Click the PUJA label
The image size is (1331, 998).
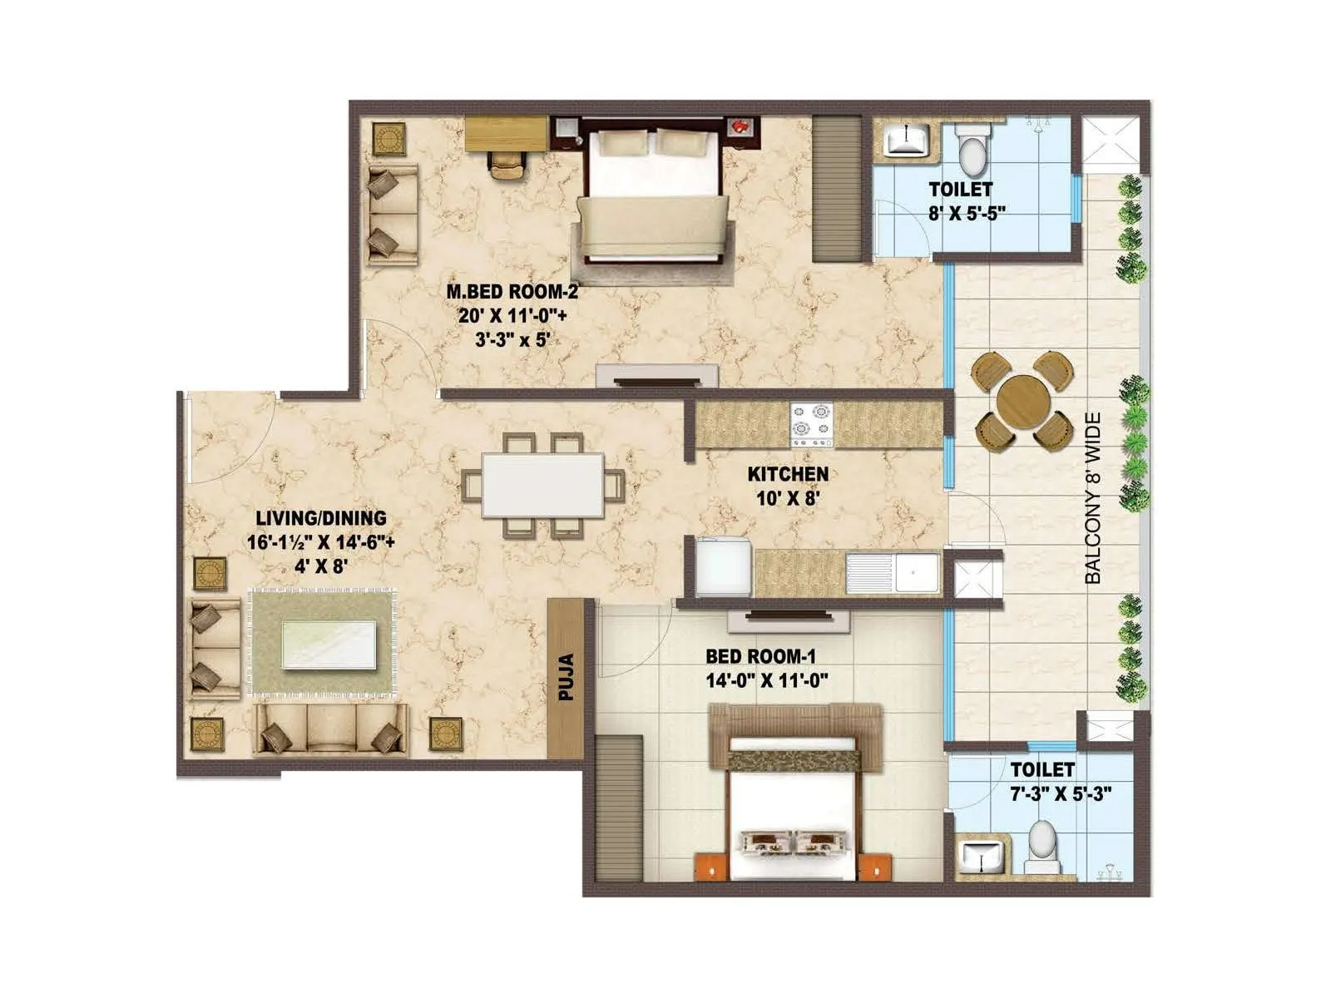[x=567, y=678]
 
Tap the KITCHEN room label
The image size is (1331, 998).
[x=787, y=474]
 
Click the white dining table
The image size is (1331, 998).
[x=543, y=485]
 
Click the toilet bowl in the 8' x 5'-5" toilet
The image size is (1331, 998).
[x=971, y=150]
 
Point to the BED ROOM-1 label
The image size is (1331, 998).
[x=760, y=658]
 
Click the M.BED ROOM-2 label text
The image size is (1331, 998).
[x=512, y=292]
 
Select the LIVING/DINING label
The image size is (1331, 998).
[x=320, y=518]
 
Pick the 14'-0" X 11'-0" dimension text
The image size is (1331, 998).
[x=765, y=682]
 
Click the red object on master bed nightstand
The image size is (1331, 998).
[x=740, y=126]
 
